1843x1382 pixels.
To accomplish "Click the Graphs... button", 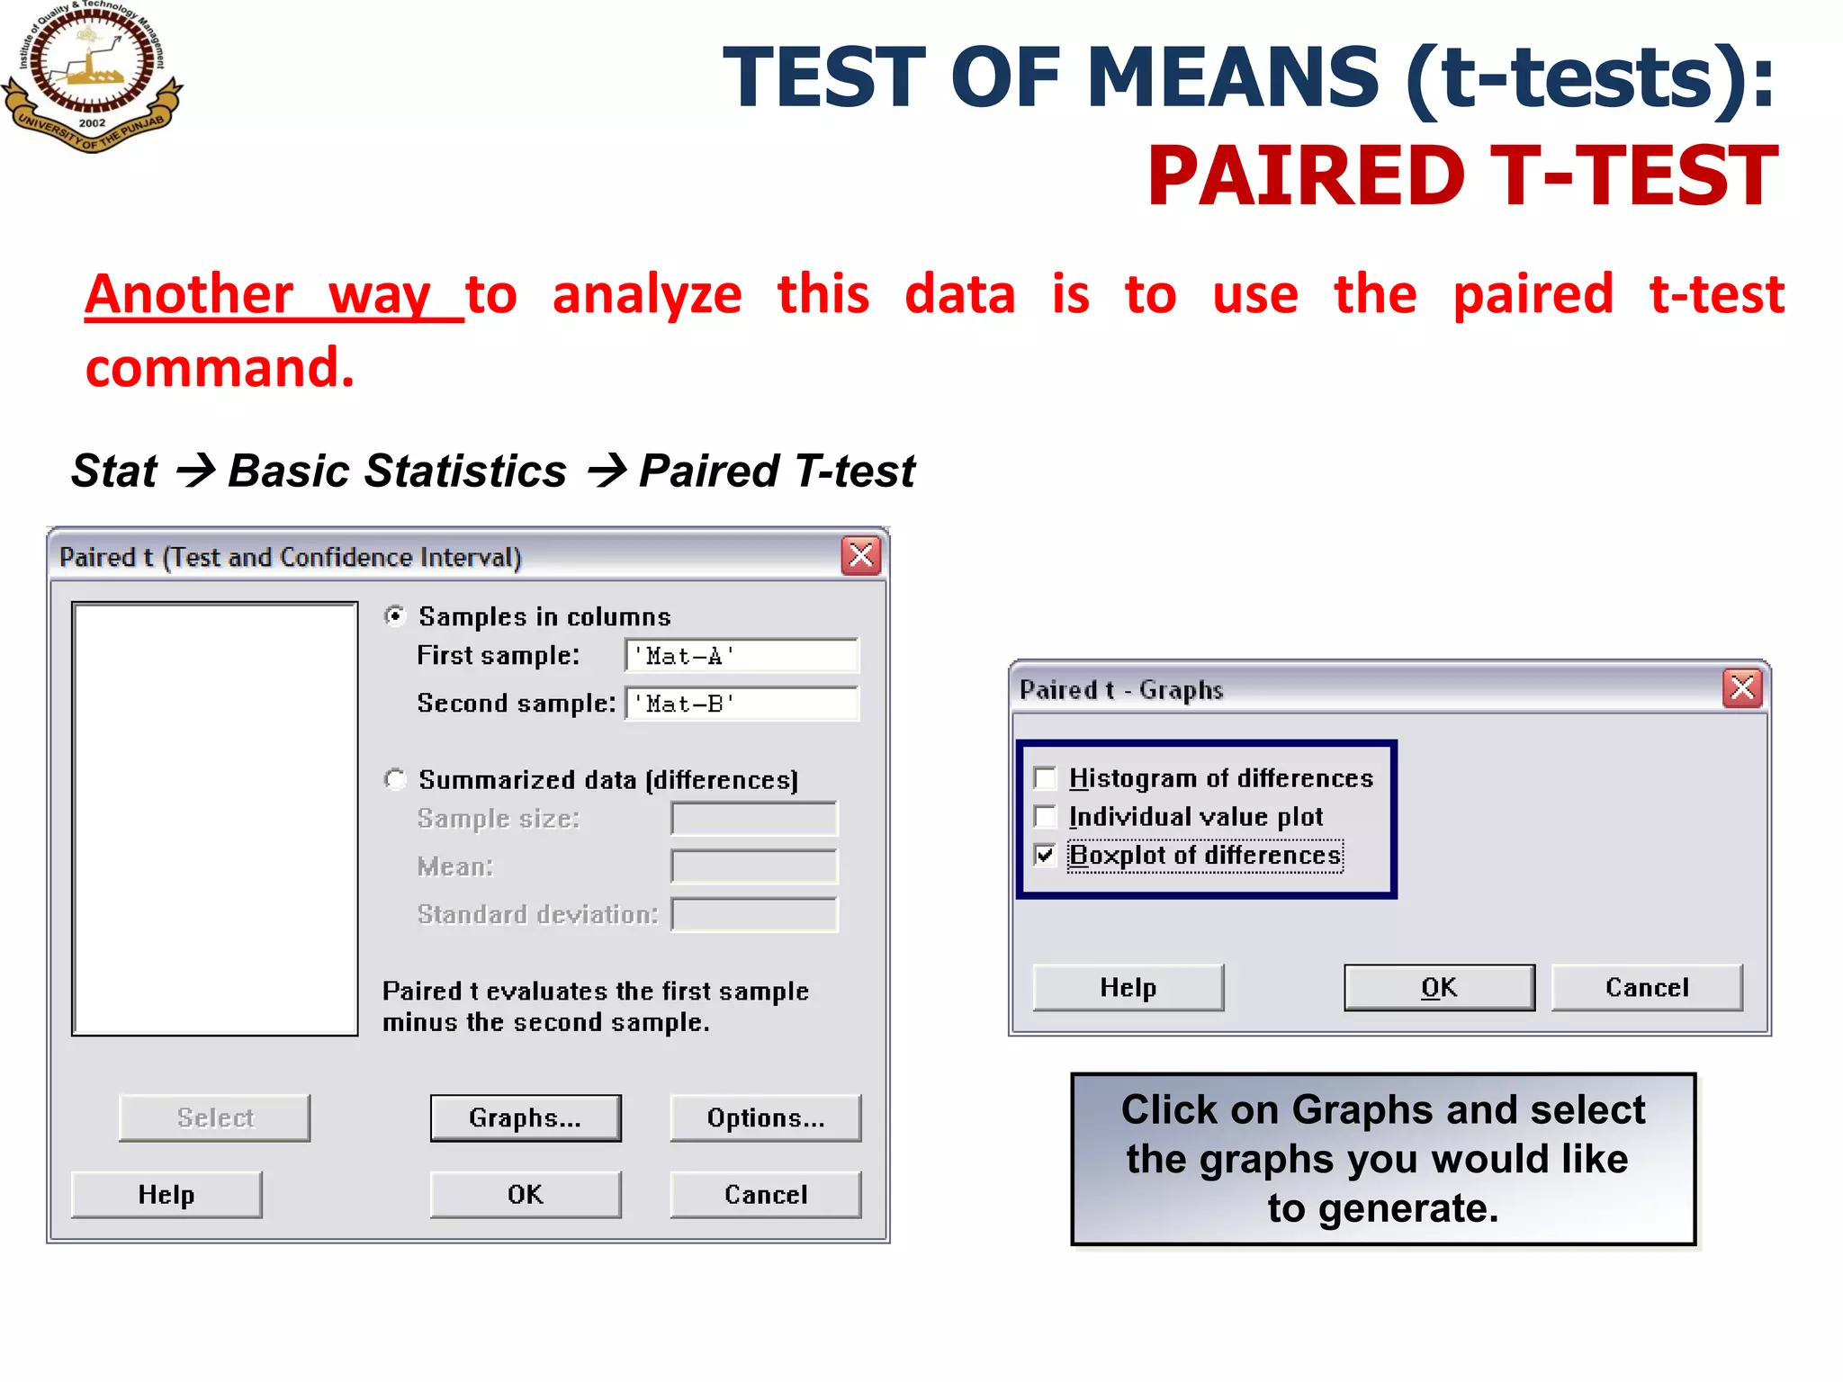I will [526, 1117].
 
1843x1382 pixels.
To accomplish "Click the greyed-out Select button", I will [214, 1117].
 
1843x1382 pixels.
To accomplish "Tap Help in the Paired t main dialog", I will [166, 1194].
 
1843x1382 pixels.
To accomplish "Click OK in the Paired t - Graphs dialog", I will [1439, 987].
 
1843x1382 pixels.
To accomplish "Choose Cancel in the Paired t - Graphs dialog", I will [1647, 987].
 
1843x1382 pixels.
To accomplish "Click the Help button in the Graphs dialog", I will [1128, 987].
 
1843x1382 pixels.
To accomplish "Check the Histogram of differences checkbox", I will [1045, 777].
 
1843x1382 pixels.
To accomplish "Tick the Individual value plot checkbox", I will [1045, 816].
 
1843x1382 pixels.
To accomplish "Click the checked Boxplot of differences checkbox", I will [1045, 855].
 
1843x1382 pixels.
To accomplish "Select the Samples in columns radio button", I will [394, 616].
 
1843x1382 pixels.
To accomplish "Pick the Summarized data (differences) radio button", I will [394, 779].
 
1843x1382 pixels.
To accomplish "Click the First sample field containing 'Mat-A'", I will [742, 656].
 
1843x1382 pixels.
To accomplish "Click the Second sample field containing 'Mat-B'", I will [742, 704].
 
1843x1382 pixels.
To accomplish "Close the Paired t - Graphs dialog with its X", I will [1742, 688].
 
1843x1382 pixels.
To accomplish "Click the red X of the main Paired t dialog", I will [861, 556].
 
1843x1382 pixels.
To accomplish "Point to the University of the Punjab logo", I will [92, 76].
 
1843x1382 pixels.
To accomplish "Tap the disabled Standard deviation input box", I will [754, 914].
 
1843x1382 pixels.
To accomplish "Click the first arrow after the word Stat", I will [194, 470].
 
